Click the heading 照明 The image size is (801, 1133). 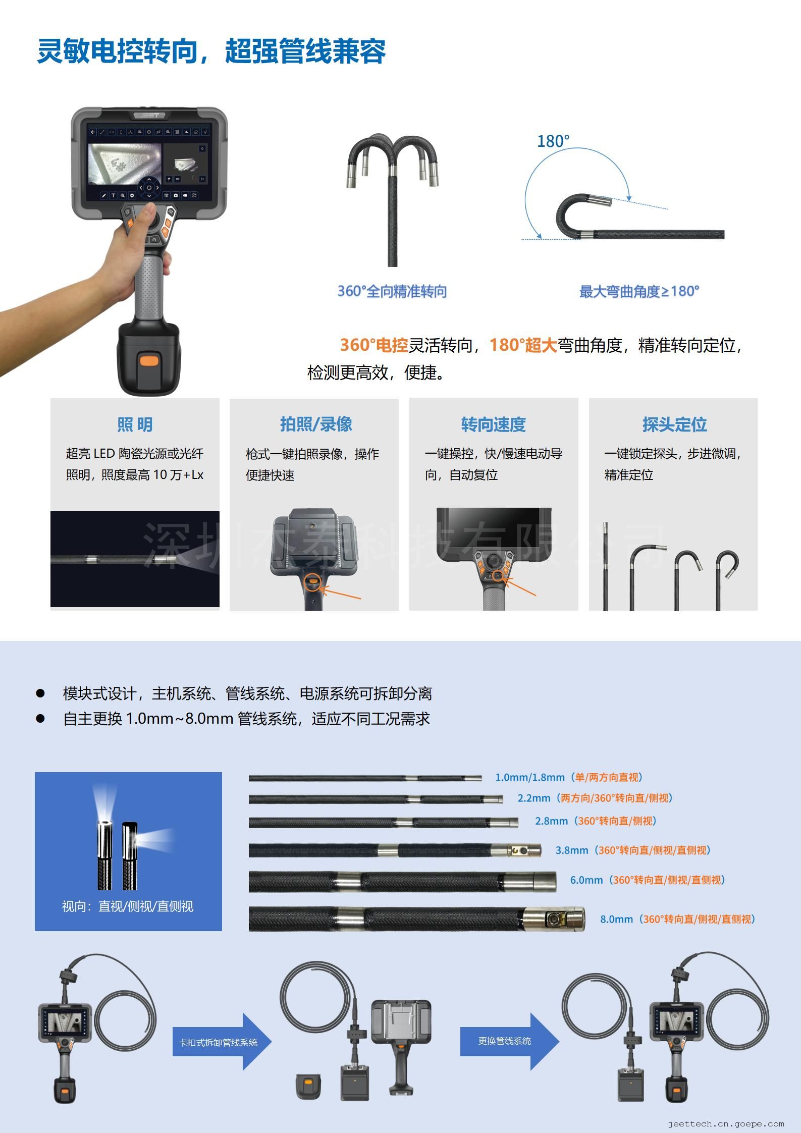135,424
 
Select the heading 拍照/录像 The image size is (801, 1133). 316,424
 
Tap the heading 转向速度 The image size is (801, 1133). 493,424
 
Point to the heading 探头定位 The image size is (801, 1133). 674,424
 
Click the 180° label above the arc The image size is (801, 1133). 553,141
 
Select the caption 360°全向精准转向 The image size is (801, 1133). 392,291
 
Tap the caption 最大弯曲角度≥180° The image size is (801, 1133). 639,291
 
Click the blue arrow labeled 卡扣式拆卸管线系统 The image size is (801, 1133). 222,1042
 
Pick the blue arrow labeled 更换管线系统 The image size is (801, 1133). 509,1041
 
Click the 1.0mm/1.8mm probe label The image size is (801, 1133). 569,777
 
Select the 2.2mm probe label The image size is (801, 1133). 595,798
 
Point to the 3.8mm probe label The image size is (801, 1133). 633,850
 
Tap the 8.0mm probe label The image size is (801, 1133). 677,919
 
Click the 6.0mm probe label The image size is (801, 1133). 648,880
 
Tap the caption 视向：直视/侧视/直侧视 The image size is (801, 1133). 128,906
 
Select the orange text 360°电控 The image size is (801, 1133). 373,345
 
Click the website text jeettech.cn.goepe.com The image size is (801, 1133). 726,1124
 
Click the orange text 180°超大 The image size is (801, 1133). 523,345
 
